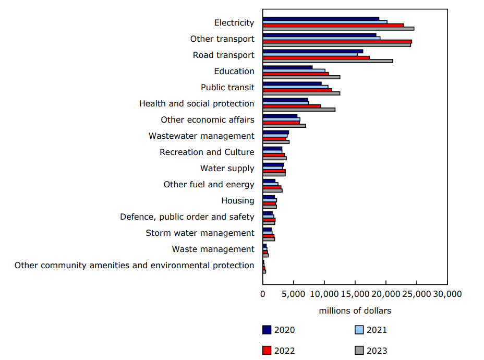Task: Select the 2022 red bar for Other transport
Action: [x=337, y=41]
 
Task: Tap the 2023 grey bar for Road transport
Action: [x=328, y=61]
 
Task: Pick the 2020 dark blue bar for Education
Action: [x=287, y=67]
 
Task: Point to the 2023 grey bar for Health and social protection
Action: [x=299, y=110]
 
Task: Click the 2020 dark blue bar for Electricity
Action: [x=321, y=19]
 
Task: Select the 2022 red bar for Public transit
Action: [x=297, y=90]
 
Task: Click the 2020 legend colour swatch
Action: [x=267, y=330]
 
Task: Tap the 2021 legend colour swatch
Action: [x=359, y=330]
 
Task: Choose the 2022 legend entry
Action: [x=279, y=351]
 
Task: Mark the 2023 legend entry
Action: [x=371, y=351]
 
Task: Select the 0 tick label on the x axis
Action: [x=263, y=294]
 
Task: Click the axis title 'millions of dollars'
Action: [x=355, y=311]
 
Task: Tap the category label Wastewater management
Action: [x=201, y=136]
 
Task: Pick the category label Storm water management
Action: [x=200, y=233]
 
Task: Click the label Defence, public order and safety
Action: [x=187, y=217]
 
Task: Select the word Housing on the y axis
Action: [x=238, y=200]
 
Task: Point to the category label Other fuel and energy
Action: [x=209, y=184]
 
